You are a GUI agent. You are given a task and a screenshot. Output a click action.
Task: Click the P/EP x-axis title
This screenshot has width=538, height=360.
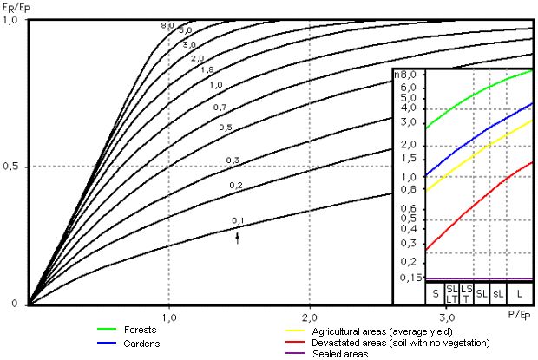[517, 314]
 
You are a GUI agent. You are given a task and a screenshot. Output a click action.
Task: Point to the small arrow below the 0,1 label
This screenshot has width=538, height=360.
[239, 235]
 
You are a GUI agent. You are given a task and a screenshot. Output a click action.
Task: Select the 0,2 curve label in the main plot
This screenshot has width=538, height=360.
[235, 186]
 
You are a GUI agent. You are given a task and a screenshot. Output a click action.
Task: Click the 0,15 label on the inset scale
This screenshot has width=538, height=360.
[405, 278]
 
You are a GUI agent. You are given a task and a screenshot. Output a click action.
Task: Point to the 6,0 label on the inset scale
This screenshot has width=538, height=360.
[408, 87]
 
